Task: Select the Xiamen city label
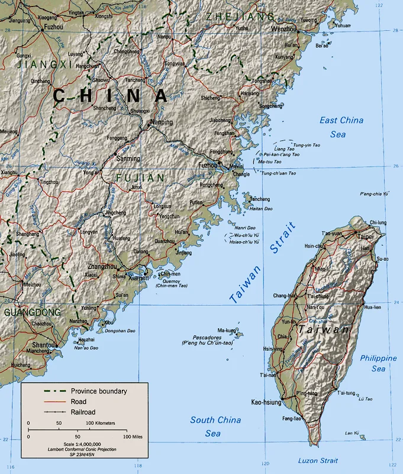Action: coord(138,277)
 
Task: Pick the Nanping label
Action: coord(162,123)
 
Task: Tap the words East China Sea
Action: coord(341,127)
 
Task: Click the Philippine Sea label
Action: coord(378,363)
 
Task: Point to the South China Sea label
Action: coord(215,427)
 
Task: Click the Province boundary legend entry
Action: coord(99,390)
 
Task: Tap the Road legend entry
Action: coord(79,401)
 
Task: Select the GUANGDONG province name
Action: coord(31,312)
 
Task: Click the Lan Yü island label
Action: coord(352,433)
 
